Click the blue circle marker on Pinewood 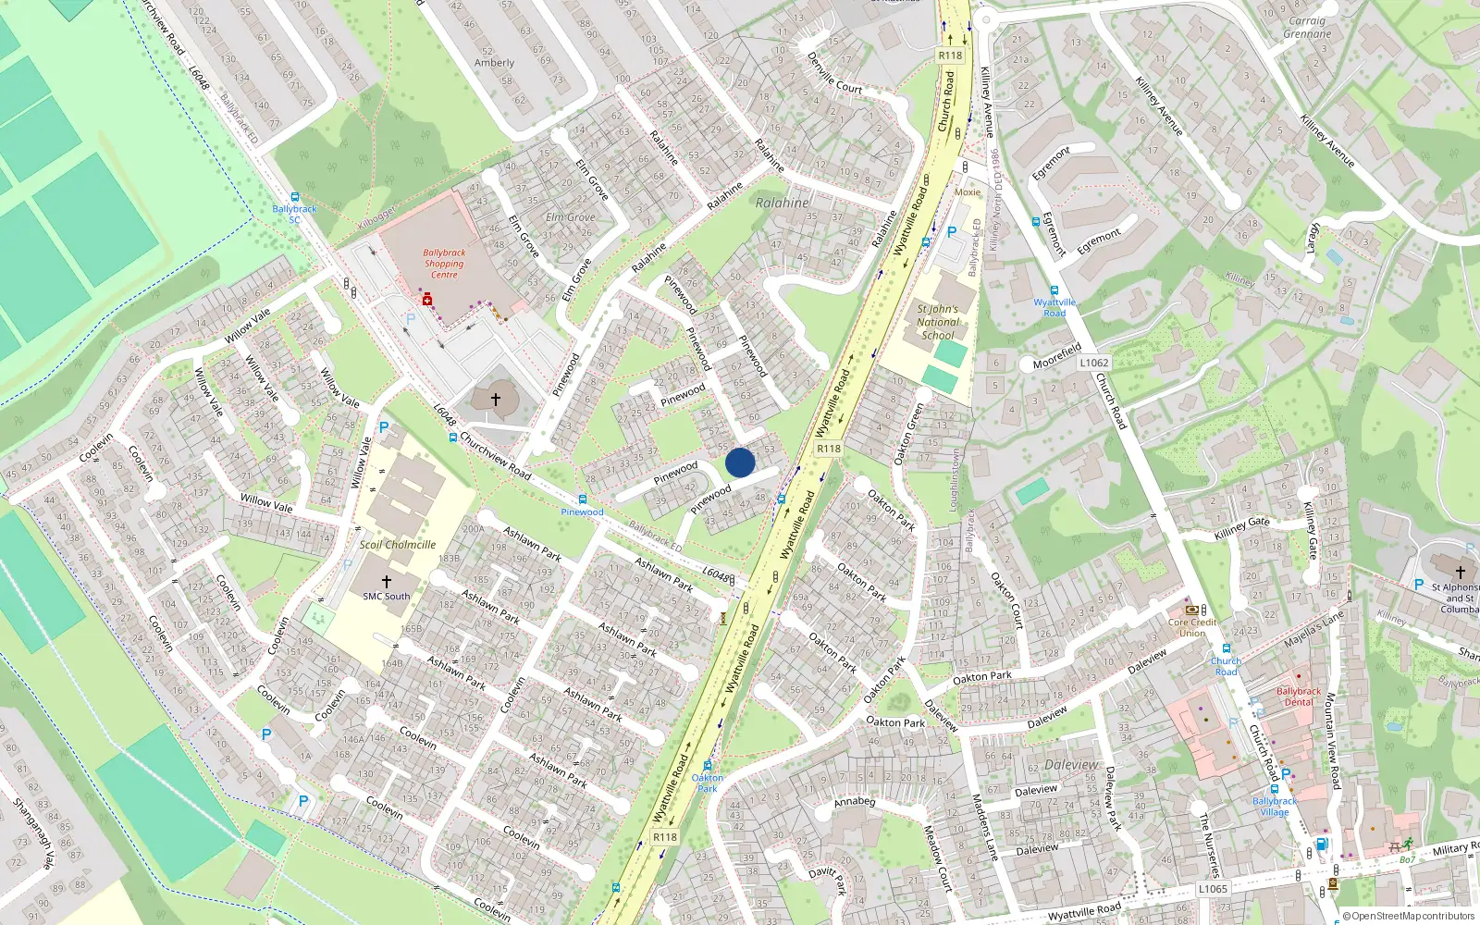coord(740,462)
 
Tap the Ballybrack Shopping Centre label coord(444,264)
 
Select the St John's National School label coord(937,322)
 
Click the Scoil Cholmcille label coord(398,545)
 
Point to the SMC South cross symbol coord(387,582)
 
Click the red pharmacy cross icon coord(426,300)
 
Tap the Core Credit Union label coord(1191,627)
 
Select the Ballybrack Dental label coord(1299,697)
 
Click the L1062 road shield coord(1093,363)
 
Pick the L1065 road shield coord(1213,889)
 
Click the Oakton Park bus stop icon coord(708,766)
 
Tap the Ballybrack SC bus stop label coord(294,214)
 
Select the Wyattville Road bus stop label coord(1054,307)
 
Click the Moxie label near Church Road coord(968,192)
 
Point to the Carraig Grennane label coord(1307,28)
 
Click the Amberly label coord(494,63)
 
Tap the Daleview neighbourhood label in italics coord(1071,765)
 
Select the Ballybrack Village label coord(1275,807)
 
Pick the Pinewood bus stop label coord(582,512)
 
